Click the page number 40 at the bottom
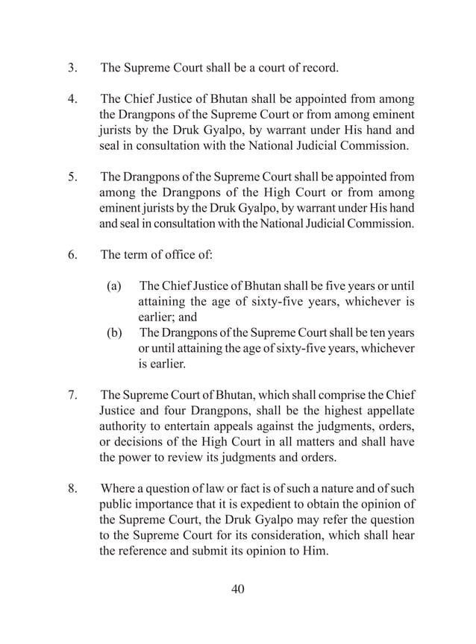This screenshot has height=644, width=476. (x=237, y=590)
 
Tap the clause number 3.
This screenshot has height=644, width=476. (x=72, y=69)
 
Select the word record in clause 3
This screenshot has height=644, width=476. (x=319, y=69)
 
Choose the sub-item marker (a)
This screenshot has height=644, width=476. (x=114, y=286)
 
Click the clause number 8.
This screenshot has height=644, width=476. (x=72, y=489)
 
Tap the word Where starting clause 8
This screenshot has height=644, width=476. (x=118, y=489)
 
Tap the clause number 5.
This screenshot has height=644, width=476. (x=72, y=177)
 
